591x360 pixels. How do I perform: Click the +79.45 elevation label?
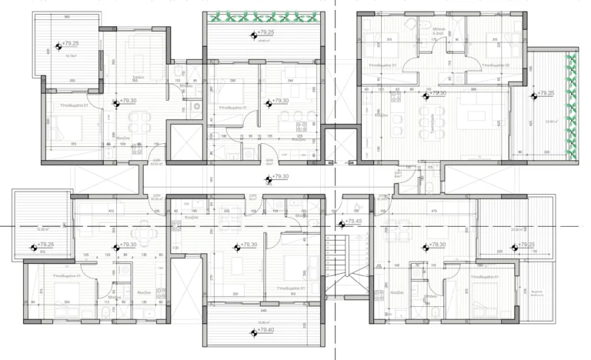point(354,222)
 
